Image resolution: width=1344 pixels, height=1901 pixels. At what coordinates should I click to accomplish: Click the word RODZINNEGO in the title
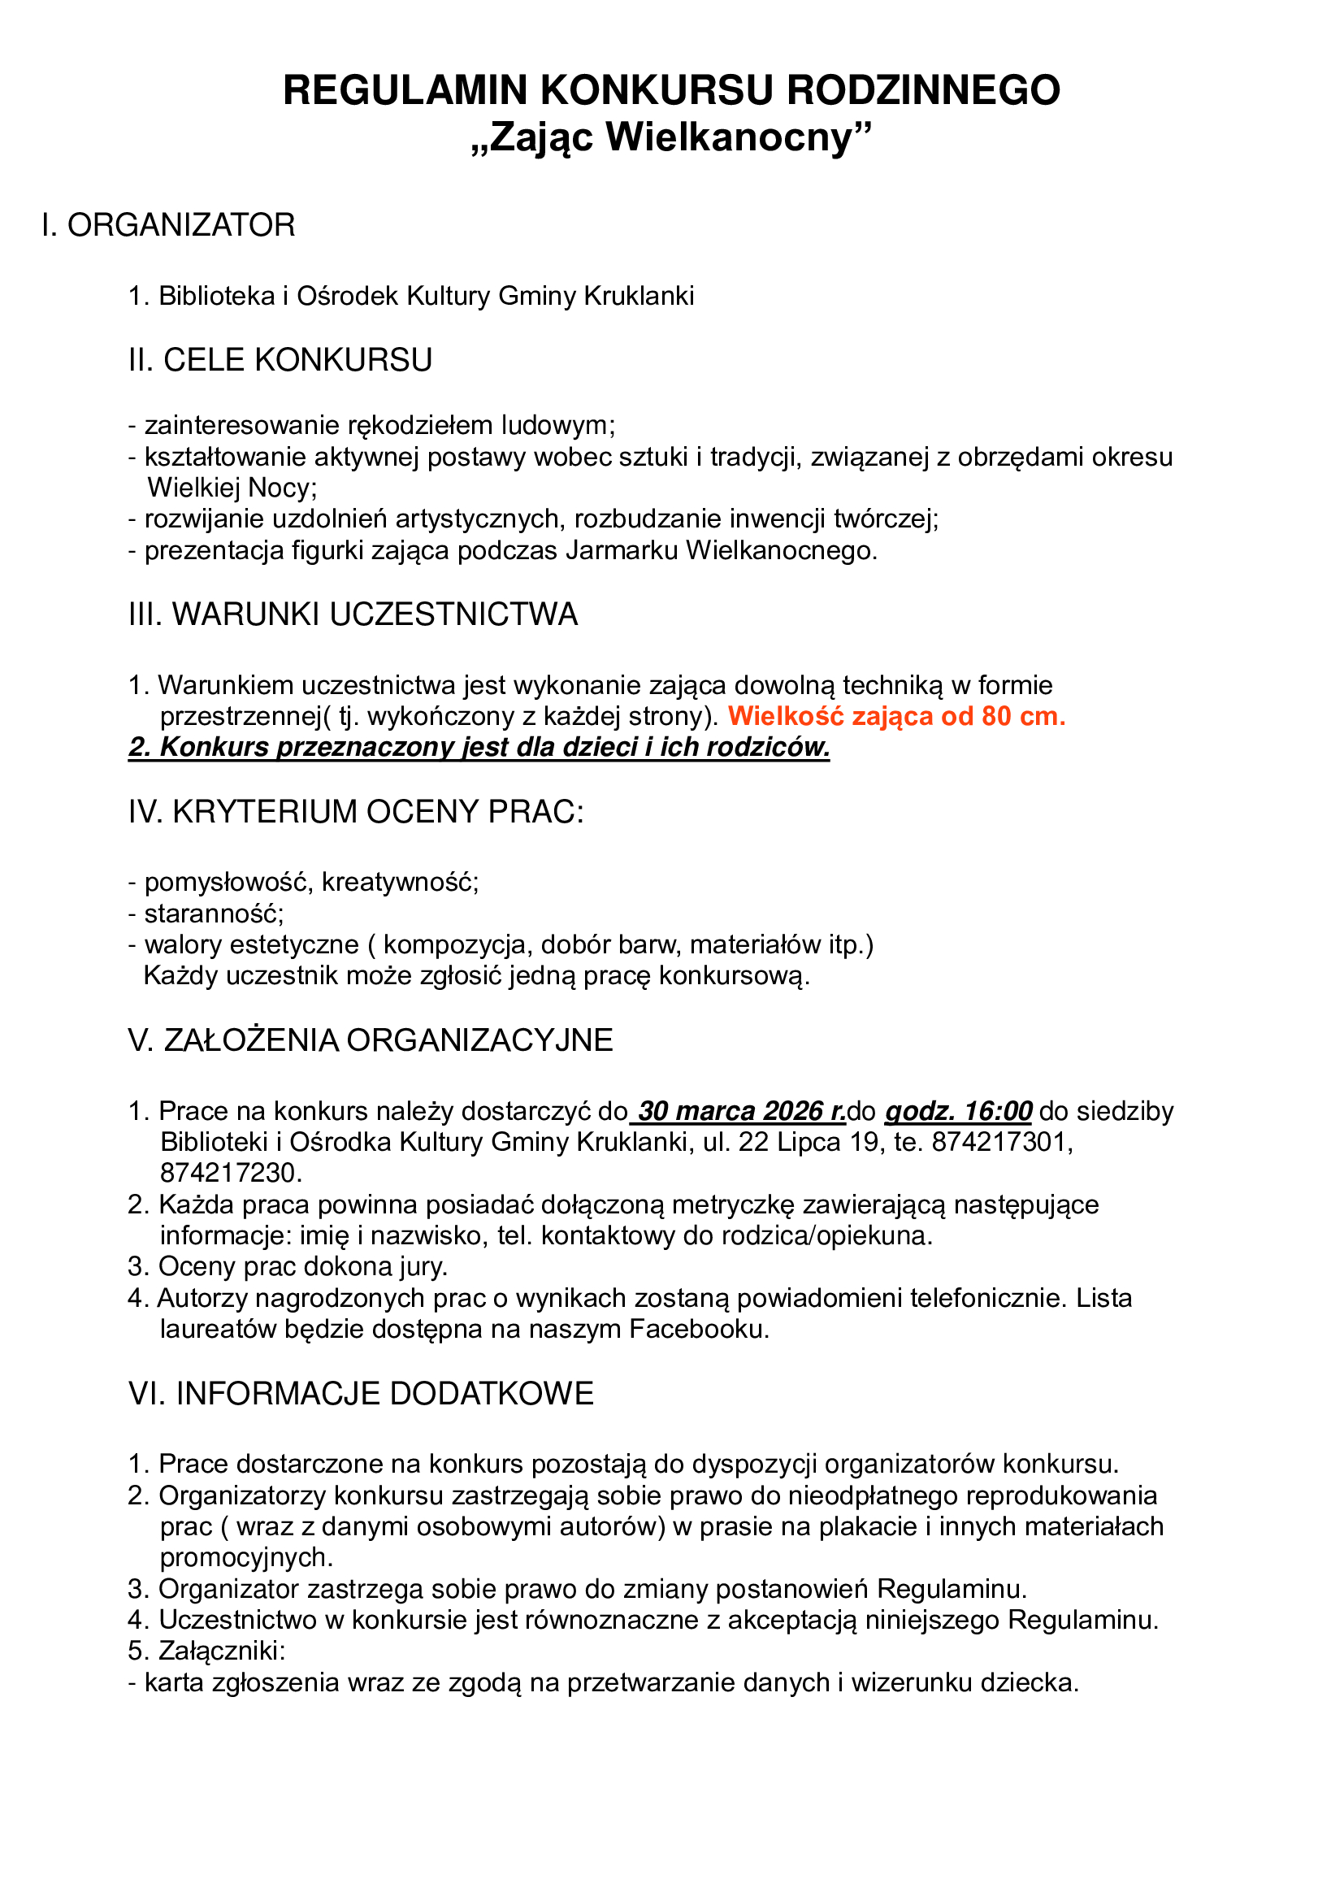pyautogui.click(x=923, y=90)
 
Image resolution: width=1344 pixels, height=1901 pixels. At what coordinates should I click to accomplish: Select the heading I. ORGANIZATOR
pyautogui.click(x=169, y=225)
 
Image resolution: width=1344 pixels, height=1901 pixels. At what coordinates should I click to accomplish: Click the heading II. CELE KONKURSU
pyautogui.click(x=280, y=360)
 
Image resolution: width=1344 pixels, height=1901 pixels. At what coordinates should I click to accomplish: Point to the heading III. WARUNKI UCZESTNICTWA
pyautogui.click(x=353, y=614)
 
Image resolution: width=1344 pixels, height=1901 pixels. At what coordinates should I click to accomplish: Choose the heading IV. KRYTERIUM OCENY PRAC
pyautogui.click(x=357, y=812)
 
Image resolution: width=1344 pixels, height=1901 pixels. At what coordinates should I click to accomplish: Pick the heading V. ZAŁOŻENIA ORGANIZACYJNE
pyautogui.click(x=371, y=1041)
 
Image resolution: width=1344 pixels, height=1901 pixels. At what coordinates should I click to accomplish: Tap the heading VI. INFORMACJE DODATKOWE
pyautogui.click(x=362, y=1394)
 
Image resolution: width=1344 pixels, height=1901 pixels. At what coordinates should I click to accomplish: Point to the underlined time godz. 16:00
pyautogui.click(x=958, y=1111)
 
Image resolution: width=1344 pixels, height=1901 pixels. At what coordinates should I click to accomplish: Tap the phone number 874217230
pyautogui.click(x=231, y=1174)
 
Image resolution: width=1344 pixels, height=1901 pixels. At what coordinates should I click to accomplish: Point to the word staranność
pyautogui.click(x=214, y=914)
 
